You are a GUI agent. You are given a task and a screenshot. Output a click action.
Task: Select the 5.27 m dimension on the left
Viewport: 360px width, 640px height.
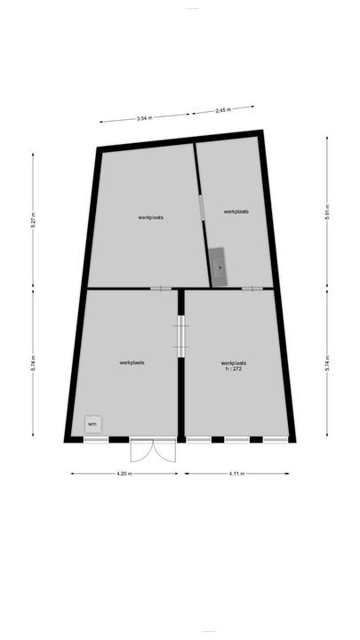(x=34, y=220)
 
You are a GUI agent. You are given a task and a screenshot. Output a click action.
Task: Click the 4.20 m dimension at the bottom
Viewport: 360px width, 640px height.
(x=124, y=474)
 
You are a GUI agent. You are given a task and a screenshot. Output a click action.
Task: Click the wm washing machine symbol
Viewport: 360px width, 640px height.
(x=92, y=424)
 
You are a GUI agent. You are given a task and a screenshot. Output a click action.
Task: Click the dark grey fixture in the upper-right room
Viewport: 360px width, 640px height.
(x=219, y=264)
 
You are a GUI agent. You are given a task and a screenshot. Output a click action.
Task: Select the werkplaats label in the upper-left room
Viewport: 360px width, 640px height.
(x=150, y=217)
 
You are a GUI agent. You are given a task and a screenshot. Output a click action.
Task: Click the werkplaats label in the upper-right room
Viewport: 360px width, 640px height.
(x=236, y=212)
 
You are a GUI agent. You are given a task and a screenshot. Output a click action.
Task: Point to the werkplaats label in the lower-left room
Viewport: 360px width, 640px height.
(x=132, y=363)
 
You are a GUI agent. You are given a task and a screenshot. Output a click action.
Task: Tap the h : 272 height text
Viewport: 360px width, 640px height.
(x=233, y=369)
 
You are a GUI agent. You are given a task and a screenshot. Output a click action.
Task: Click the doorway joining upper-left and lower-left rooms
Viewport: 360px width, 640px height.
(x=161, y=288)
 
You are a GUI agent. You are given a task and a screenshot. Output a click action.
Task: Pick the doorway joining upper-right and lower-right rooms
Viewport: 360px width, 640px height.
(x=252, y=288)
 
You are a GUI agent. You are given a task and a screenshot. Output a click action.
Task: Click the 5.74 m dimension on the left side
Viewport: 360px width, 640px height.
(x=34, y=363)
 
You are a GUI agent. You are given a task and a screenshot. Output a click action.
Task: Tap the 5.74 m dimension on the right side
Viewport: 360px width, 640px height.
(x=328, y=363)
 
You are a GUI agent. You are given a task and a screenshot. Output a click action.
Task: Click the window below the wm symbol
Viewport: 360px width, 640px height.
(x=96, y=439)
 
